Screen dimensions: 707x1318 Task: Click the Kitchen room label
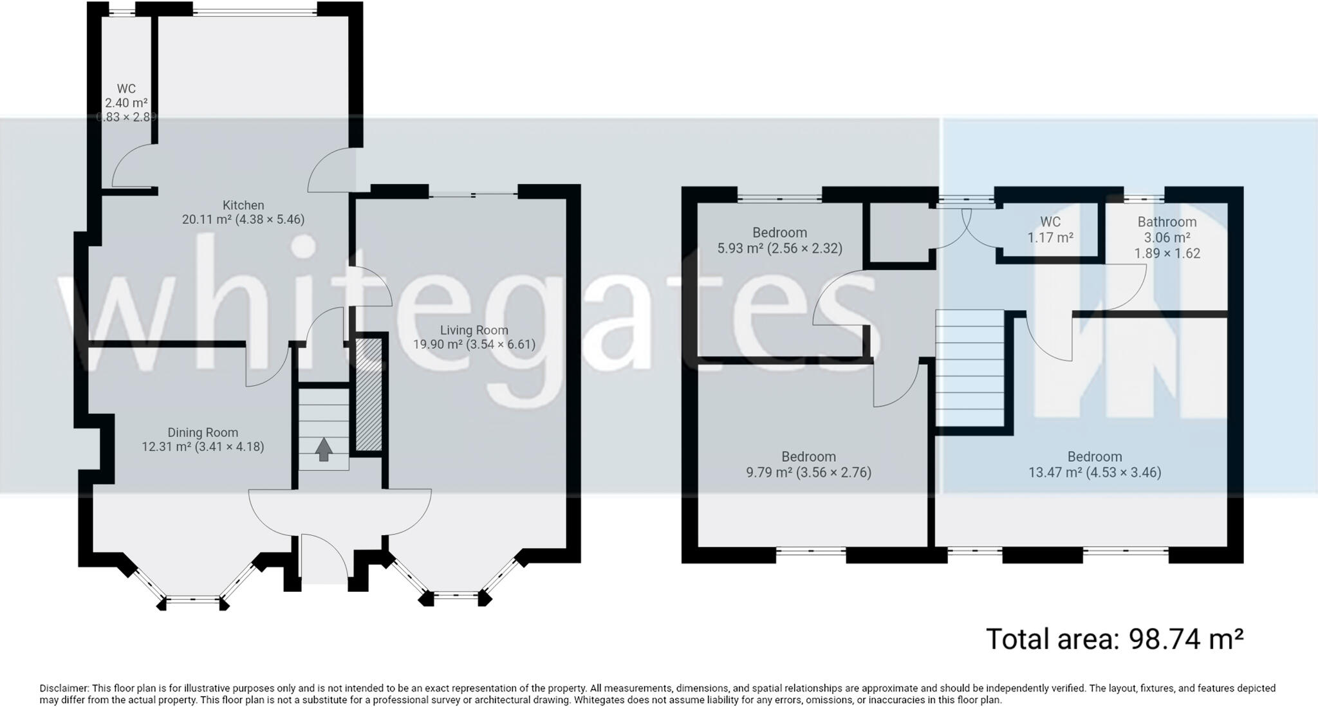[x=243, y=205]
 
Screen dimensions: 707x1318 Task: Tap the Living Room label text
[x=474, y=330]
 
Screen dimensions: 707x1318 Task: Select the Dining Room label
[x=203, y=432]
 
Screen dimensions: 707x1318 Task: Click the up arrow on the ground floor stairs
[x=324, y=449]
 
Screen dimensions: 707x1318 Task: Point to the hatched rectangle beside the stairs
[x=369, y=394]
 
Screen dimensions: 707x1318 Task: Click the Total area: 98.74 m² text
[x=1114, y=639]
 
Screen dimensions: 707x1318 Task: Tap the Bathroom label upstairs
[x=1166, y=222]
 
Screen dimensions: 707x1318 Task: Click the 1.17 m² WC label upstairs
[x=1050, y=237]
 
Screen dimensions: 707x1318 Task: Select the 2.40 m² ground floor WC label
[x=126, y=103]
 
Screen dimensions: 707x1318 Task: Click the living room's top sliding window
[x=473, y=194]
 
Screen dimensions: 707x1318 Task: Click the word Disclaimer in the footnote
[x=64, y=688]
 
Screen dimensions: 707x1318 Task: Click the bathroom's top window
[x=1144, y=198]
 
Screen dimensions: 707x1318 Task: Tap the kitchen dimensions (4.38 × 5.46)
[x=270, y=219]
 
